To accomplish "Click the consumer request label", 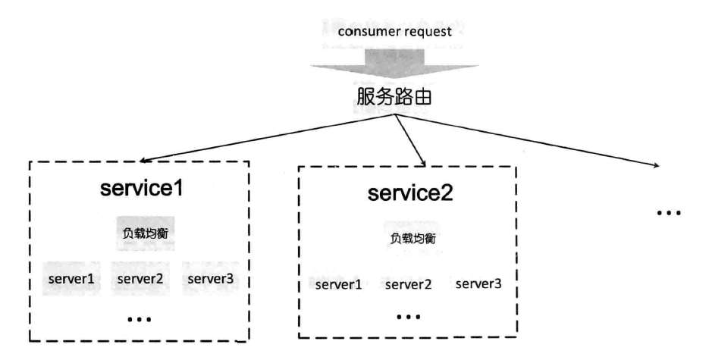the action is click(x=395, y=32).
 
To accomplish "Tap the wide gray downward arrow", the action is click(x=394, y=64).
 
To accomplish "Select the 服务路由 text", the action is click(x=394, y=97).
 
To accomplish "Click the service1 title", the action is click(x=142, y=187).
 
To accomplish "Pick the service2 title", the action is click(x=410, y=193).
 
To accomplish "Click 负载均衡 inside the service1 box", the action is click(x=146, y=233).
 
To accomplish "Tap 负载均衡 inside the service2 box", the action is click(x=412, y=238).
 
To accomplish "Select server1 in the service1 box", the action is click(x=71, y=279).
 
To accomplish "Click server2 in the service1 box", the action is click(x=140, y=279).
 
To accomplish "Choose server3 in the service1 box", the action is click(x=210, y=279).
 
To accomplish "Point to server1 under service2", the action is click(x=339, y=285).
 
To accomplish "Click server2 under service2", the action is click(x=408, y=285).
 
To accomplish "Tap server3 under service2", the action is click(x=478, y=283).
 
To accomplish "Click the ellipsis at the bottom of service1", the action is click(x=140, y=320).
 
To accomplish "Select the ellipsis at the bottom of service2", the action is click(x=408, y=316).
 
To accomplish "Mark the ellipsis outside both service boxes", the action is click(x=669, y=212).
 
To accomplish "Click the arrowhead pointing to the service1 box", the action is click(x=143, y=160).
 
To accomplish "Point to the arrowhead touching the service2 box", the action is click(x=423, y=163).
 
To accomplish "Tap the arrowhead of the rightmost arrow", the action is click(x=656, y=166).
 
